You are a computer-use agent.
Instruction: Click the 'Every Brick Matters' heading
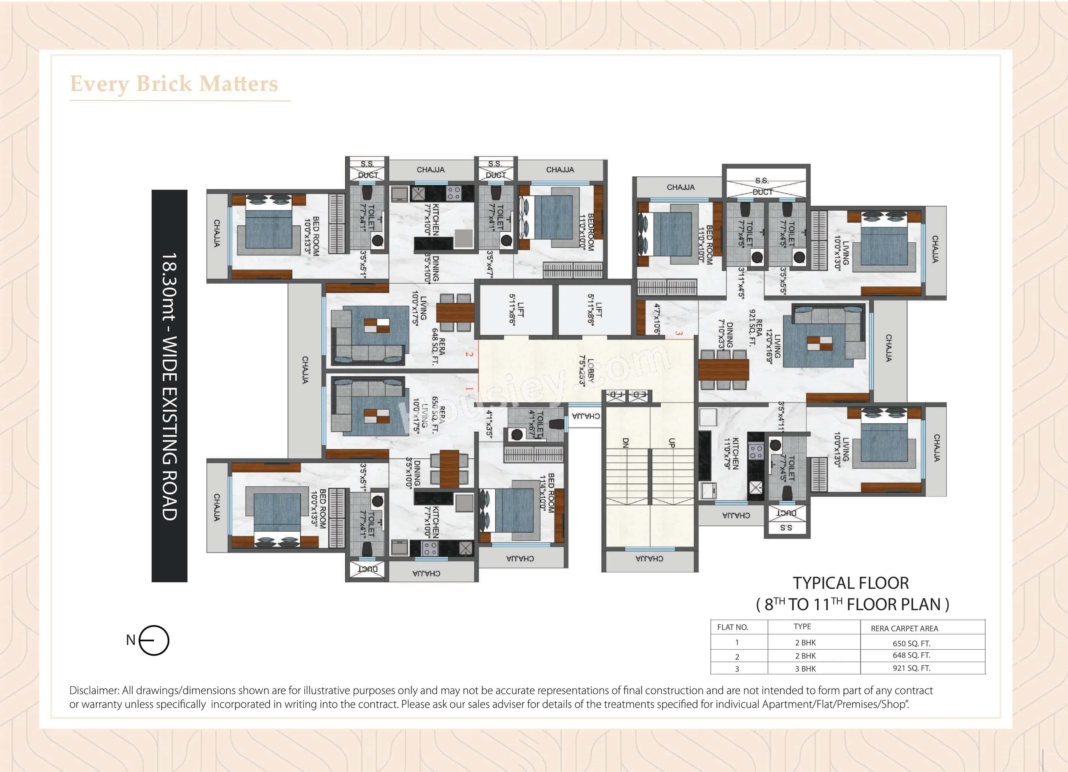[x=174, y=84]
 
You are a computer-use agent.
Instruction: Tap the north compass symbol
[x=154, y=640]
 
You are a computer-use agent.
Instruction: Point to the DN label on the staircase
[x=625, y=443]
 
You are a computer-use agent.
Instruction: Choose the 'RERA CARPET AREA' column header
[x=904, y=628]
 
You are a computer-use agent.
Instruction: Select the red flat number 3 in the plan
[x=678, y=333]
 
